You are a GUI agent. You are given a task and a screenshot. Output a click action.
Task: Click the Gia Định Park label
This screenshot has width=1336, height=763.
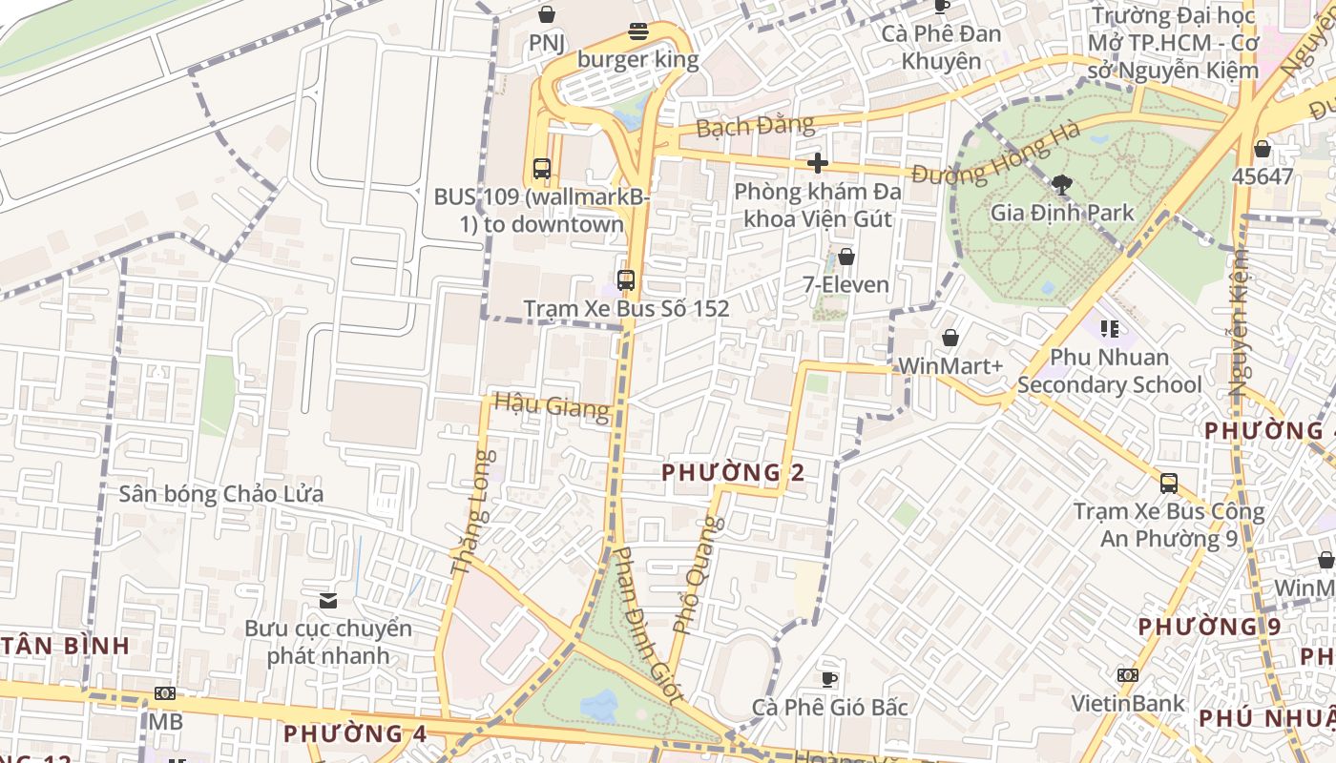click(1062, 212)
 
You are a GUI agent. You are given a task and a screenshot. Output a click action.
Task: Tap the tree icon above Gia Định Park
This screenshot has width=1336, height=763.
click(1060, 184)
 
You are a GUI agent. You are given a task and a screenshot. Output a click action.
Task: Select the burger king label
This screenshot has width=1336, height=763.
click(637, 60)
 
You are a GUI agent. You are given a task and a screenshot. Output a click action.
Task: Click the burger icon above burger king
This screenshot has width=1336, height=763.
click(638, 32)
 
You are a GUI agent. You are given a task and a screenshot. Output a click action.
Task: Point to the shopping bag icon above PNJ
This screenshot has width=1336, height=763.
click(547, 14)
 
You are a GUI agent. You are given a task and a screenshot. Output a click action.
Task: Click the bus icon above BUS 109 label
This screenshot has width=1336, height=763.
click(542, 169)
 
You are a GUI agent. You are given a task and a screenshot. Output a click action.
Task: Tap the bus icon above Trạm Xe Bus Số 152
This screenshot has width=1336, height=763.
click(626, 280)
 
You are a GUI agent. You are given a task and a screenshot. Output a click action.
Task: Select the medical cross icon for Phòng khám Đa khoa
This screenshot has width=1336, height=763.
click(817, 163)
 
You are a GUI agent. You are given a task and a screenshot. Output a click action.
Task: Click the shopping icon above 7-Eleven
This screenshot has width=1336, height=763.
click(845, 257)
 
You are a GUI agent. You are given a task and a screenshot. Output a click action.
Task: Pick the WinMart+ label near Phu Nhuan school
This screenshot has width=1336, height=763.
click(950, 366)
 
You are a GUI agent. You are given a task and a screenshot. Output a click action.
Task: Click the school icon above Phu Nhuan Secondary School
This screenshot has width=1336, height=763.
click(1109, 329)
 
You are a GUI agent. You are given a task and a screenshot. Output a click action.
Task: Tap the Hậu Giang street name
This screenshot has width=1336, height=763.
click(552, 406)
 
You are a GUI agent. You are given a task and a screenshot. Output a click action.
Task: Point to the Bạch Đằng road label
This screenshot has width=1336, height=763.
click(755, 125)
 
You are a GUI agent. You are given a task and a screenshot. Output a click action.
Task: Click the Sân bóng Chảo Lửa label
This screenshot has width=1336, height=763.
click(220, 494)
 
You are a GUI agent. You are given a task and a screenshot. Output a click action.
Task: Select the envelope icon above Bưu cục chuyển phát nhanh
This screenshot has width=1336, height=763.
click(328, 600)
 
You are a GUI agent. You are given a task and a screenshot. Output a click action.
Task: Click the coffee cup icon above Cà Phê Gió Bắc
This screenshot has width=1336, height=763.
click(829, 679)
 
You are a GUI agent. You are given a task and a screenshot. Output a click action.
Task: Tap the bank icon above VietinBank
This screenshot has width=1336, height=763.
click(1127, 675)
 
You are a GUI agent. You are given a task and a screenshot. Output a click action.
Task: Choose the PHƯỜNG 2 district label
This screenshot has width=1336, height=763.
click(733, 472)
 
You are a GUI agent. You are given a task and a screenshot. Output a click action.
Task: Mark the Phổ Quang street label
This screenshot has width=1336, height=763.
click(699, 575)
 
